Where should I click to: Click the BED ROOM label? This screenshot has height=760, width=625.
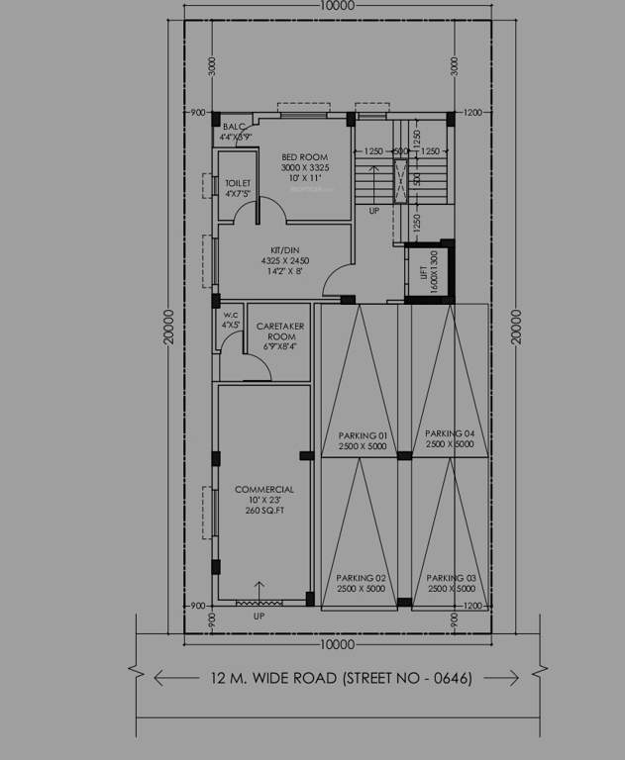[x=304, y=157]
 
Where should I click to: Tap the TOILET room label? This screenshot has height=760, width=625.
[x=237, y=183]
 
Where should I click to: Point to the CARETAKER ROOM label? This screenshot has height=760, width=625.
[x=280, y=326]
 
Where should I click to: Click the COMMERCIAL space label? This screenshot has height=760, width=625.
[x=263, y=489]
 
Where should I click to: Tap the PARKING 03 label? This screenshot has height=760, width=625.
[x=452, y=577]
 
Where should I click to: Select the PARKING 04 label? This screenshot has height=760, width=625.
[x=450, y=433]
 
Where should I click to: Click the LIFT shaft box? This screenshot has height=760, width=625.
[x=428, y=270]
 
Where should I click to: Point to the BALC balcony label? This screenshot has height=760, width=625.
[x=234, y=127]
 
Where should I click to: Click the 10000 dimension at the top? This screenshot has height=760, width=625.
[x=337, y=6]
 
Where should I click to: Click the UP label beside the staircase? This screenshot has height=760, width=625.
[x=373, y=212]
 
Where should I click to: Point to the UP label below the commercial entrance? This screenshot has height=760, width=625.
[x=259, y=617]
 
